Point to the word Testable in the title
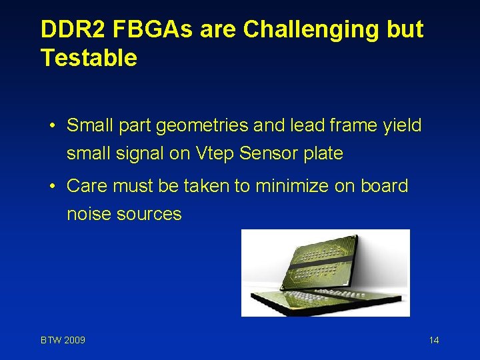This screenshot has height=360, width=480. coord(89,58)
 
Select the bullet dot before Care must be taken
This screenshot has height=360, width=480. coord(53,186)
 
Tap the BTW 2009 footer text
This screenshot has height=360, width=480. coord(63,341)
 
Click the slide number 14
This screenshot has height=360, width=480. coord(434,341)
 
